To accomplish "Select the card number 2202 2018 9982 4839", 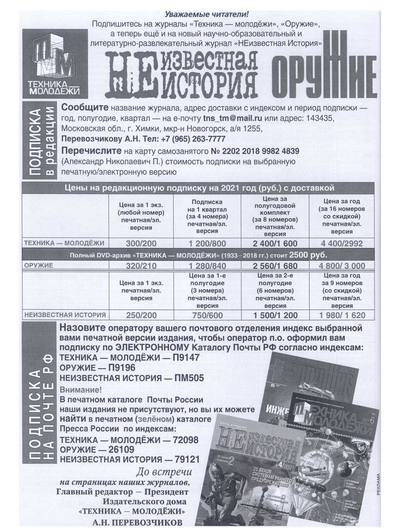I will point(260,151).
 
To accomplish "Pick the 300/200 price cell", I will point(141,243).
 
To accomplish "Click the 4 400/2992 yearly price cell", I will point(342,243).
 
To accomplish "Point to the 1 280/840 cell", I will point(207,266).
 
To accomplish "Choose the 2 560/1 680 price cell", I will point(275,266).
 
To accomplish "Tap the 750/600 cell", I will point(207,315).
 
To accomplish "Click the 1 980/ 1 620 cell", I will point(342,315).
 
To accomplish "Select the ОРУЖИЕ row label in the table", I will point(39,265).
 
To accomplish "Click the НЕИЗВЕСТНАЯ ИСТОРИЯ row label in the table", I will point(65,314).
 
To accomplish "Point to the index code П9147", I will point(185,357).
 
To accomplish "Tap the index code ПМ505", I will point(189,378).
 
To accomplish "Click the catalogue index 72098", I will point(186,440).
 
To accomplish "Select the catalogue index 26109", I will point(121,449).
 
